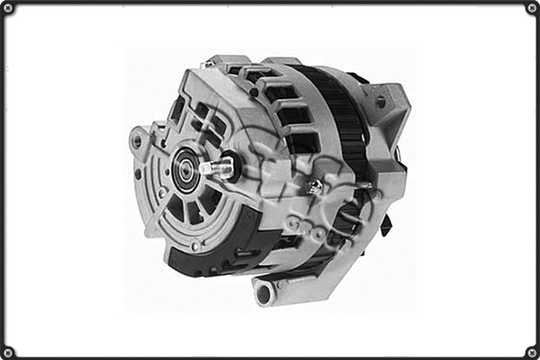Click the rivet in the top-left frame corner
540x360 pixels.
point(8,8)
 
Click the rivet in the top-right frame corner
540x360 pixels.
point(532,8)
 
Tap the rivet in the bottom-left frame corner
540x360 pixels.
point(8,352)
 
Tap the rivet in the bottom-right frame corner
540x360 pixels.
point(532,352)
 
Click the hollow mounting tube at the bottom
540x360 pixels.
point(263,291)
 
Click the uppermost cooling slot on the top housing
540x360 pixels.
point(241,70)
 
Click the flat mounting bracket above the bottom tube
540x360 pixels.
point(306,270)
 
